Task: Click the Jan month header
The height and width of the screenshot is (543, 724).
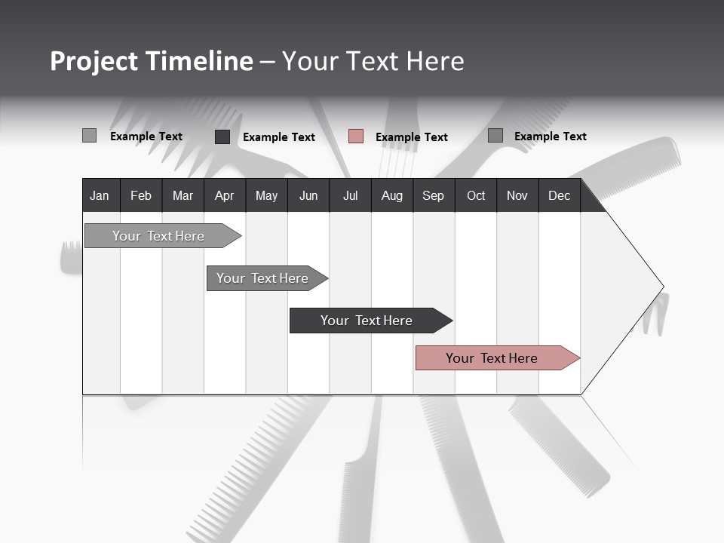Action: coord(100,195)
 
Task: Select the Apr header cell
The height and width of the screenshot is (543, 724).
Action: coord(224,195)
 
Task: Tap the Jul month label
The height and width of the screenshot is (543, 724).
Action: coord(350,195)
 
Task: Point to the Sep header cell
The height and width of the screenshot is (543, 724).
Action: coord(433,195)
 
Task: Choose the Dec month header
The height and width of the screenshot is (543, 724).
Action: coord(559,195)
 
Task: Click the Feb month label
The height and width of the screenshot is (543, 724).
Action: coord(141,195)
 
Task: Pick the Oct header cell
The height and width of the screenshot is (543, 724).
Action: coord(476,195)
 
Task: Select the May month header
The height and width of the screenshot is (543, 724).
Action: coord(266,195)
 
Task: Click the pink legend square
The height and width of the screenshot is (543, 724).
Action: coord(356,137)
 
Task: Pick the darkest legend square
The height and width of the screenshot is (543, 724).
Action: coord(222,137)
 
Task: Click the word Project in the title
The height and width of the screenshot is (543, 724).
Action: coord(94,61)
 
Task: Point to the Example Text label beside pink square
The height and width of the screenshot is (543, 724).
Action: coord(411,137)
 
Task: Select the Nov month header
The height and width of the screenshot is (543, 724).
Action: coord(517,195)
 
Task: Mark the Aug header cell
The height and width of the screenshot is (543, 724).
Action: coord(391,195)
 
